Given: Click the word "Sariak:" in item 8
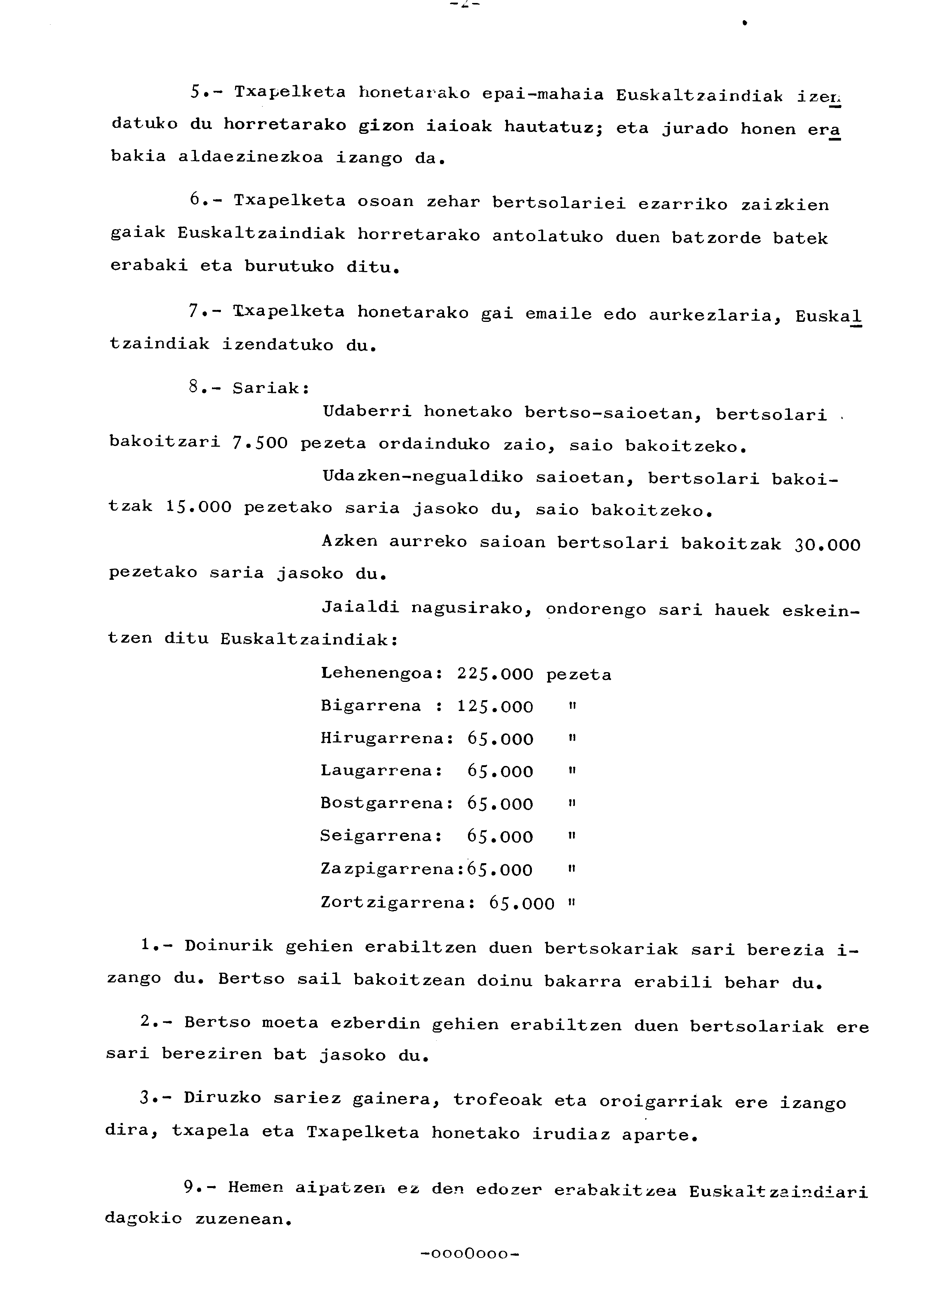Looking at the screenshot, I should point(271,388).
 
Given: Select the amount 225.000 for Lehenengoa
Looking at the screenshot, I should point(495,674).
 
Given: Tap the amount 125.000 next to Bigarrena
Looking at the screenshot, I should point(495,707).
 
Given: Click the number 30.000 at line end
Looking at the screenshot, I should point(828,545).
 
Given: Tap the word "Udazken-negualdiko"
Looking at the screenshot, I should point(423,477).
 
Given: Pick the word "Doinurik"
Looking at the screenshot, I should point(229,946).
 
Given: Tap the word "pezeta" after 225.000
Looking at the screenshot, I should point(579,674).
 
